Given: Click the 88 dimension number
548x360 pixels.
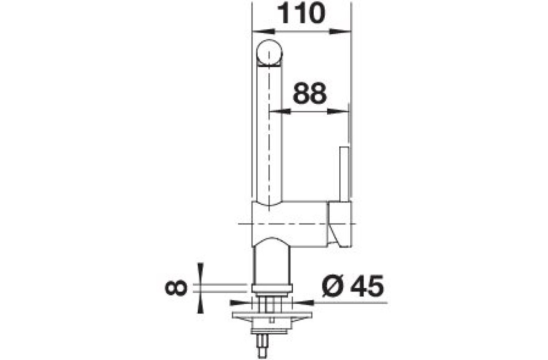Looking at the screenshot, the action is coord(310,93).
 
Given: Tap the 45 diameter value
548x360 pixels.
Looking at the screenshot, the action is coord(367,286).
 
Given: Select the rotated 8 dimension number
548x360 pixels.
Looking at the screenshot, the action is coord(176,288).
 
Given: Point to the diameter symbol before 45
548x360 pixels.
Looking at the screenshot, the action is coord(332,286).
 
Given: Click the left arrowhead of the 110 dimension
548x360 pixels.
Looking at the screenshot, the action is coord(263,32).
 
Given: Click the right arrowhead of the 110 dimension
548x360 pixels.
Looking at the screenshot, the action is coord(340,32).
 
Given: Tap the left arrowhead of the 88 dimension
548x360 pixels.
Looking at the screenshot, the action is coord(280,111).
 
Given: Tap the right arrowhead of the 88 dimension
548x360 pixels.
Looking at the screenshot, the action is coord(338,111).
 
